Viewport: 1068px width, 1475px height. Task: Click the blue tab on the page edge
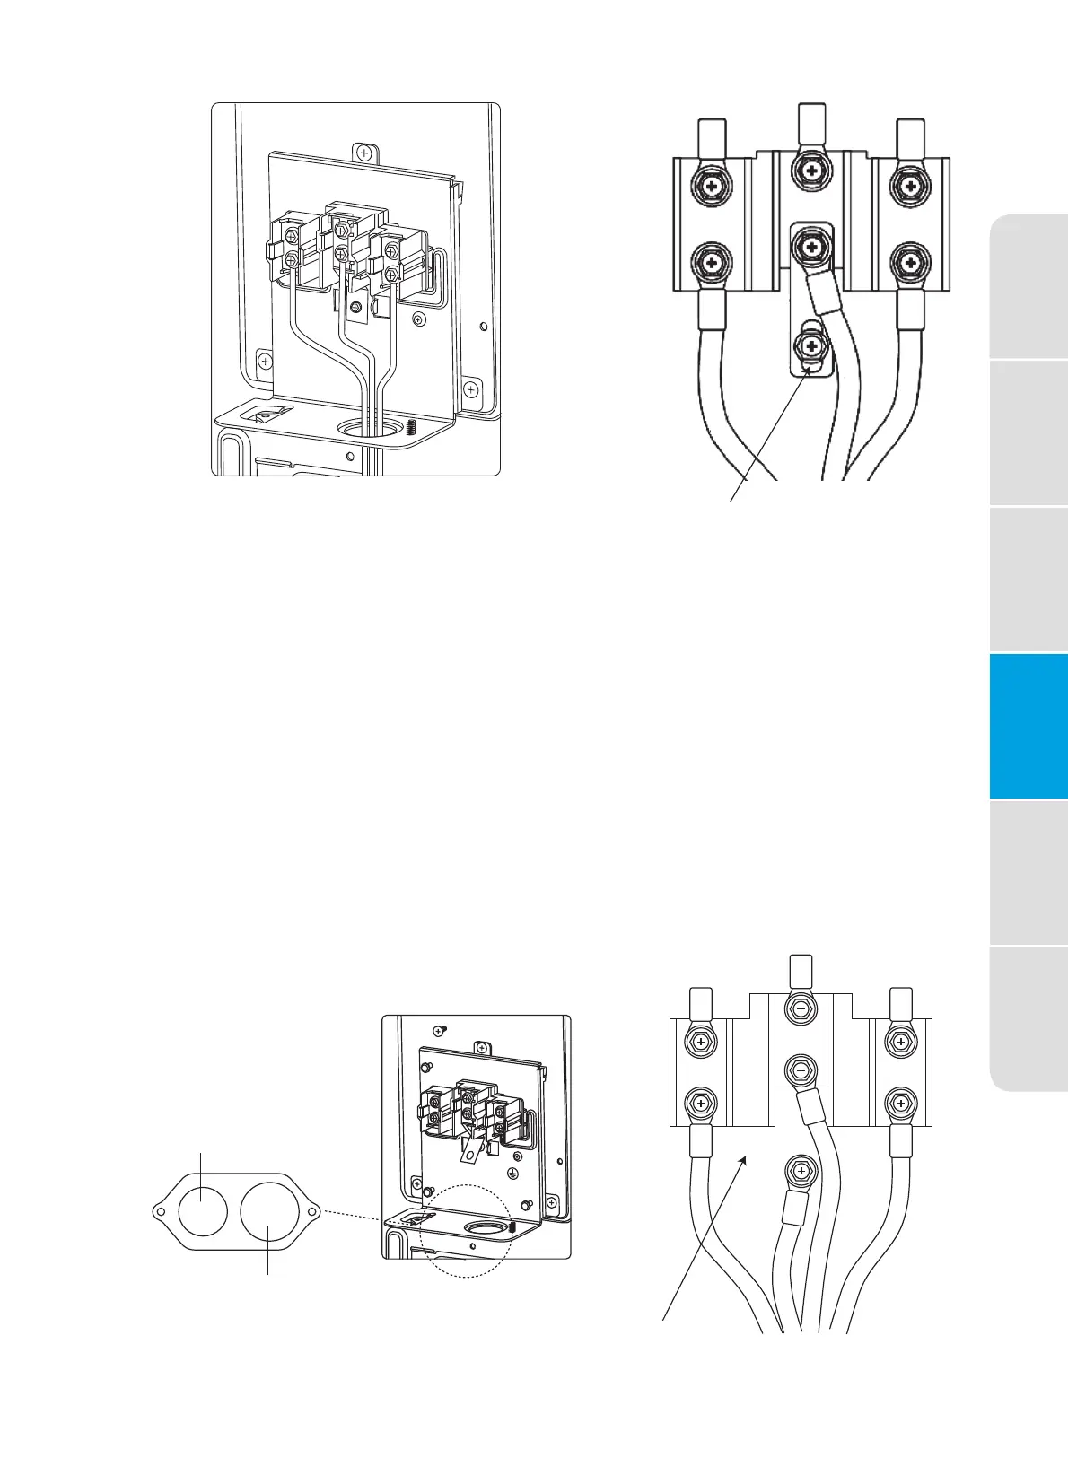[x=1029, y=726]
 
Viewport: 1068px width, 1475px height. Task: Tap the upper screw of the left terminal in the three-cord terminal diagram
[x=711, y=187]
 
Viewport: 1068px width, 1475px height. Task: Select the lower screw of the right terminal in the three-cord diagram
[x=910, y=263]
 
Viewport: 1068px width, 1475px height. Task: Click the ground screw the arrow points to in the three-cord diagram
[x=811, y=346]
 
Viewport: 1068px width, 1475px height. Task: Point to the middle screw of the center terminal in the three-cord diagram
[x=811, y=245]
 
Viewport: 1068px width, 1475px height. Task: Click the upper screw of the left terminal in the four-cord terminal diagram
[x=700, y=1042]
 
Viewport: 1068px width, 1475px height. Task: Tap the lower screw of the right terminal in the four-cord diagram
[x=900, y=1100]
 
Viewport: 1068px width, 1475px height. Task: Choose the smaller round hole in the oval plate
[x=202, y=1210]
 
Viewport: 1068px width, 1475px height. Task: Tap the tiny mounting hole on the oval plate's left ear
[x=161, y=1212]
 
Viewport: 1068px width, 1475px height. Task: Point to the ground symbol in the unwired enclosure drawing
[x=513, y=1173]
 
